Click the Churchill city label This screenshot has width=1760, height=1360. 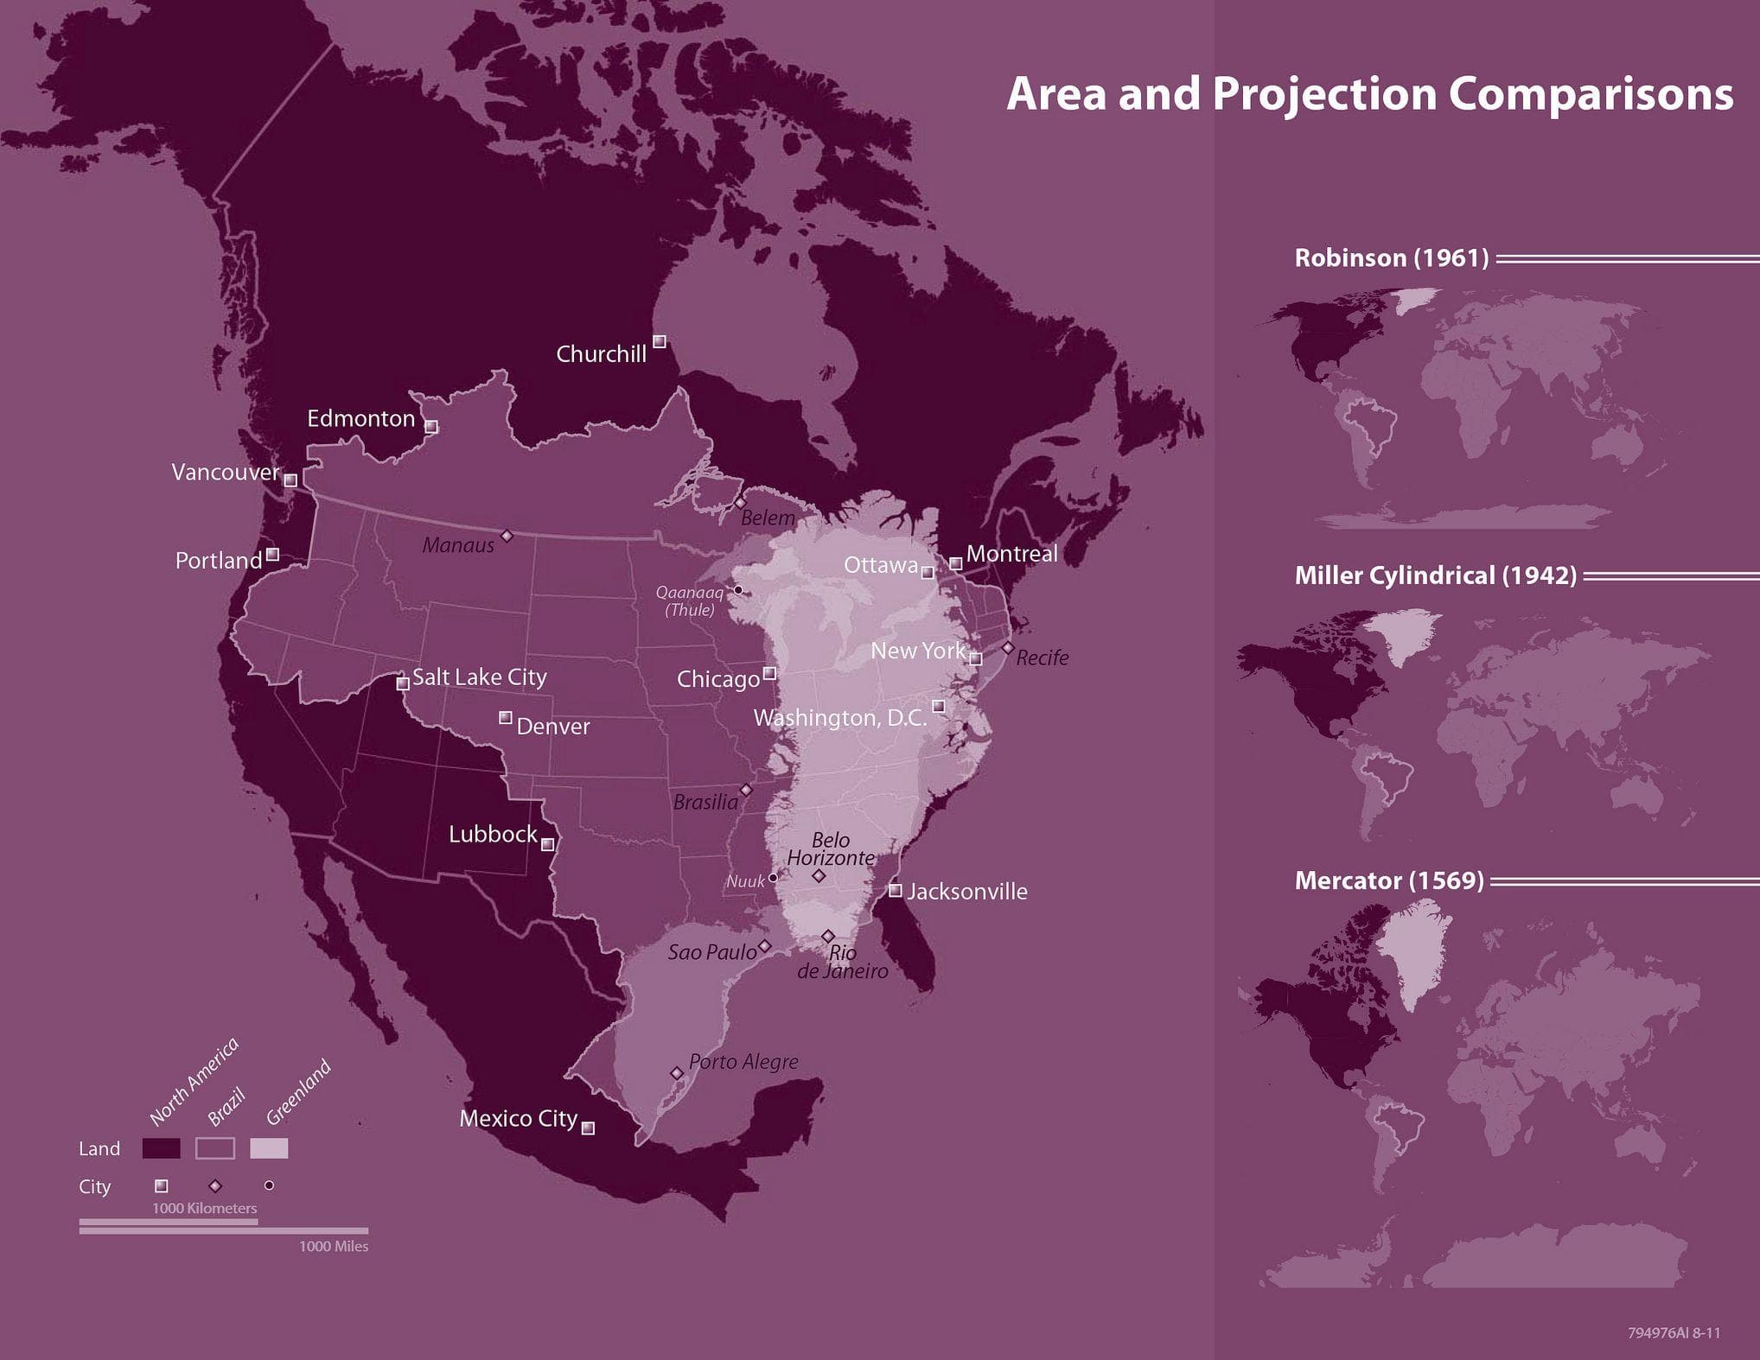601,353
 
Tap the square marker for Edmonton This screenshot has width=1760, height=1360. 431,427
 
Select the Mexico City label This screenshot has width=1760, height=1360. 518,1118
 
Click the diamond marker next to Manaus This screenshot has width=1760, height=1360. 507,537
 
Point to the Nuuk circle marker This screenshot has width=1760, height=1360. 773,878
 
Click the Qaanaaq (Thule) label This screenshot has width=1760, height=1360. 690,601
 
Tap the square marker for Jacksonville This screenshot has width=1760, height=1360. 896,890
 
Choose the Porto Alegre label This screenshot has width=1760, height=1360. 743,1061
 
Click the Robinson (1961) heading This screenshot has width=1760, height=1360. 1391,257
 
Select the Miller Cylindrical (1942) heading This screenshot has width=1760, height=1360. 1435,575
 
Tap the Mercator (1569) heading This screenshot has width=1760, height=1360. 1388,880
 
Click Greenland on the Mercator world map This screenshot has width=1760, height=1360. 1413,950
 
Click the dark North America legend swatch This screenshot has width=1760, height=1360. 162,1148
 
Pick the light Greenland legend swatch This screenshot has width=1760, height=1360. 269,1148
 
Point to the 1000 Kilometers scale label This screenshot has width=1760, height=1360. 204,1208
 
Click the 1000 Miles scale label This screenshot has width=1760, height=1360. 333,1246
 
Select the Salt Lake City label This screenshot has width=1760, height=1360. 479,677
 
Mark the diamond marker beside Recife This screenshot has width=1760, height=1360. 1007,647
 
